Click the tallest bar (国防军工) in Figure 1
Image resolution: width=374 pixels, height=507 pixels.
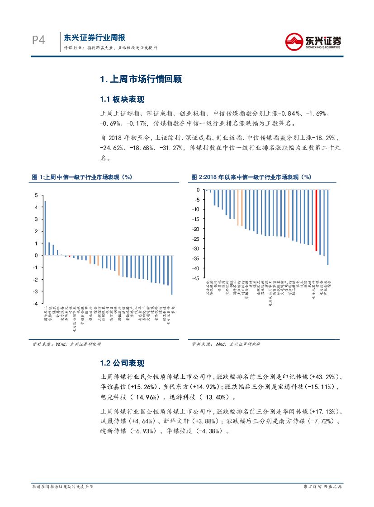pos(45,228)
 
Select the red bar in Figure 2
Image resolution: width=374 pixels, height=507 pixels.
pos(316,220)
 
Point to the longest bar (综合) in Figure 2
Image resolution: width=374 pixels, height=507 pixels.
pos(328,227)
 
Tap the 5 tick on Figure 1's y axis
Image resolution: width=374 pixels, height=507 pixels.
pos(37,195)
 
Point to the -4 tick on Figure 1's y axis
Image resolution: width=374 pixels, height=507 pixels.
pos(36,303)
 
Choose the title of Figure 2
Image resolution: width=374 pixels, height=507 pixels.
pos(251,178)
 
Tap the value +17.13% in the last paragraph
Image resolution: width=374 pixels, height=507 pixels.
pos(325,412)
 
